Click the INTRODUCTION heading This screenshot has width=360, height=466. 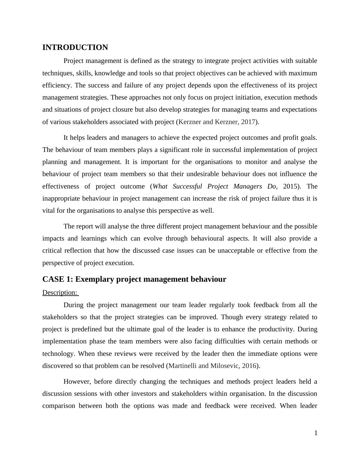(75, 48)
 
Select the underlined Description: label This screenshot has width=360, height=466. (60, 293)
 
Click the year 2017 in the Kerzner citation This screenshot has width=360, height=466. (248, 122)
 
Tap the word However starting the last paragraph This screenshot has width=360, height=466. (77, 382)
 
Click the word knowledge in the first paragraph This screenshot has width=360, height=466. (110, 73)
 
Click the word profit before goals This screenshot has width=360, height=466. (291, 138)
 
